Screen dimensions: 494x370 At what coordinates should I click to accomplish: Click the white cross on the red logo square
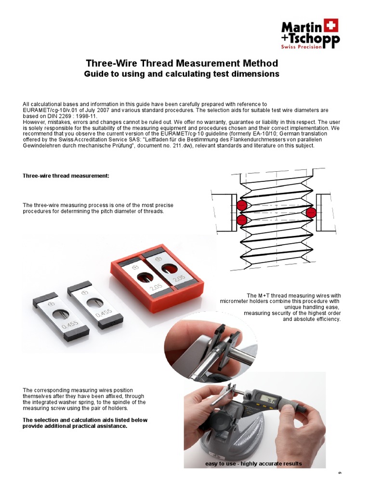pos(331,25)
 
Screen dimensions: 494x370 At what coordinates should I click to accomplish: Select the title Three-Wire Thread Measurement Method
pos(182,63)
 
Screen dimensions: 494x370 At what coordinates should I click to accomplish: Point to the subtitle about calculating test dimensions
pos(182,74)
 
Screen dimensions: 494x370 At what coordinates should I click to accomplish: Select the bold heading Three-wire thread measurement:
pos(66,176)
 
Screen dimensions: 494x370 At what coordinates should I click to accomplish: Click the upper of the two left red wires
pos(242,206)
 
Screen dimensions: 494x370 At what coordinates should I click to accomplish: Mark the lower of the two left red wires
pos(242,220)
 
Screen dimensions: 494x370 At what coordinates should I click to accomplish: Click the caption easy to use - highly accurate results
pos(253,464)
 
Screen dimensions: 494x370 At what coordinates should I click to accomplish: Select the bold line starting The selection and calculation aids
pos(85,420)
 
